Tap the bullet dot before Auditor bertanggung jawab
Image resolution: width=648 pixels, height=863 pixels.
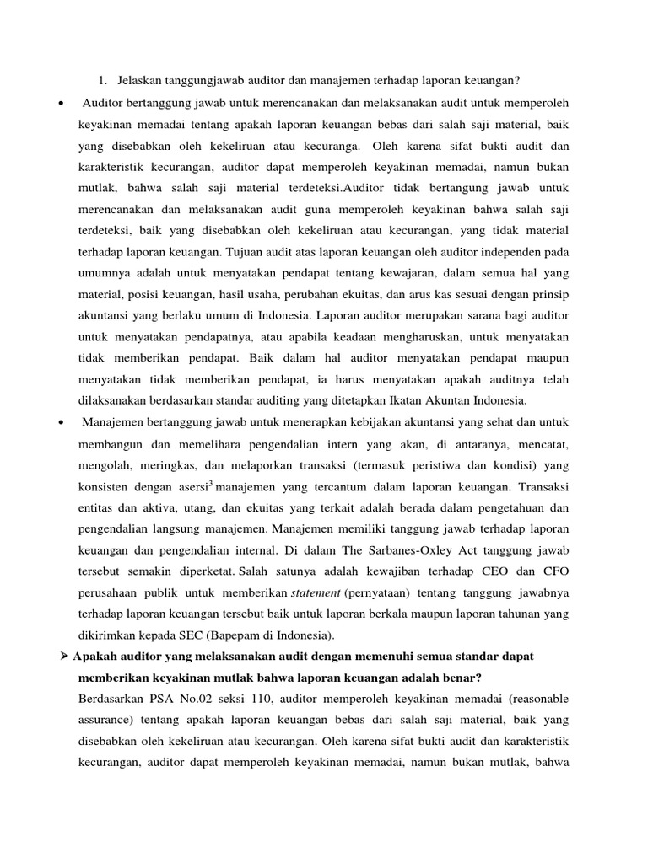point(62,103)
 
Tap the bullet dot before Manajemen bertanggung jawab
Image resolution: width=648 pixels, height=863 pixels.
point(62,421)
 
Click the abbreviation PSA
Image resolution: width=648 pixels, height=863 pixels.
point(165,700)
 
